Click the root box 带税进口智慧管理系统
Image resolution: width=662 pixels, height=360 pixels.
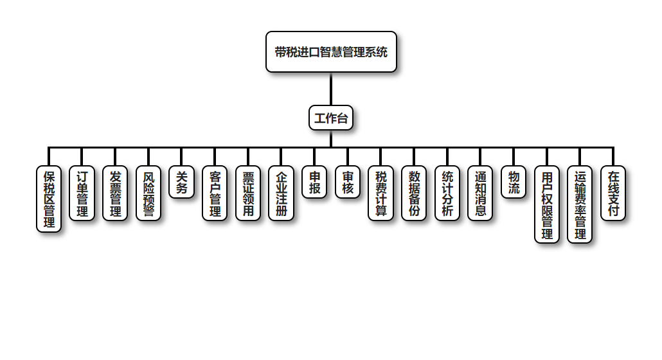coord(331,51)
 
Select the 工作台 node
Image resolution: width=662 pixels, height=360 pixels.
coord(331,118)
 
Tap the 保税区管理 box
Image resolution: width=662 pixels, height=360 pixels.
coord(49,199)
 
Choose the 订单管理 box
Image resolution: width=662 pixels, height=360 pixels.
coord(82,193)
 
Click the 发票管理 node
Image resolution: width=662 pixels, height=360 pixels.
coord(116,193)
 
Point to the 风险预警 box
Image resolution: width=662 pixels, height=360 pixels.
coord(148,193)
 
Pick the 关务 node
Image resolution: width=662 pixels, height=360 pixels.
coord(182,182)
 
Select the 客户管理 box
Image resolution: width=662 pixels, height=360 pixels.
coord(215,193)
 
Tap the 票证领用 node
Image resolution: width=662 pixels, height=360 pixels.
coord(248,193)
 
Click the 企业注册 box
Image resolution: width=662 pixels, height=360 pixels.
coord(282,193)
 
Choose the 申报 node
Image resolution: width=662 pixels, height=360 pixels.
coord(314,182)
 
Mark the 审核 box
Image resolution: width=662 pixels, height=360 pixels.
coord(348,182)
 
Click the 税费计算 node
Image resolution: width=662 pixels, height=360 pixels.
coord(381,193)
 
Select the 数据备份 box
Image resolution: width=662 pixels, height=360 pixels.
coord(414,193)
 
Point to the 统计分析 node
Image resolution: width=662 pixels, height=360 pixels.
coord(447,193)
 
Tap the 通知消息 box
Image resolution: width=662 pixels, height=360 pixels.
coord(480,193)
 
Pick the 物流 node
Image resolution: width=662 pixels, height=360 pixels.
coord(514,182)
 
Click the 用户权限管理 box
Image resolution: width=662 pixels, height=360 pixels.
coord(547,204)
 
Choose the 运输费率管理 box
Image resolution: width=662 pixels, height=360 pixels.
coord(580,204)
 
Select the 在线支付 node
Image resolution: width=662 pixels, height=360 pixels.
coord(613,193)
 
